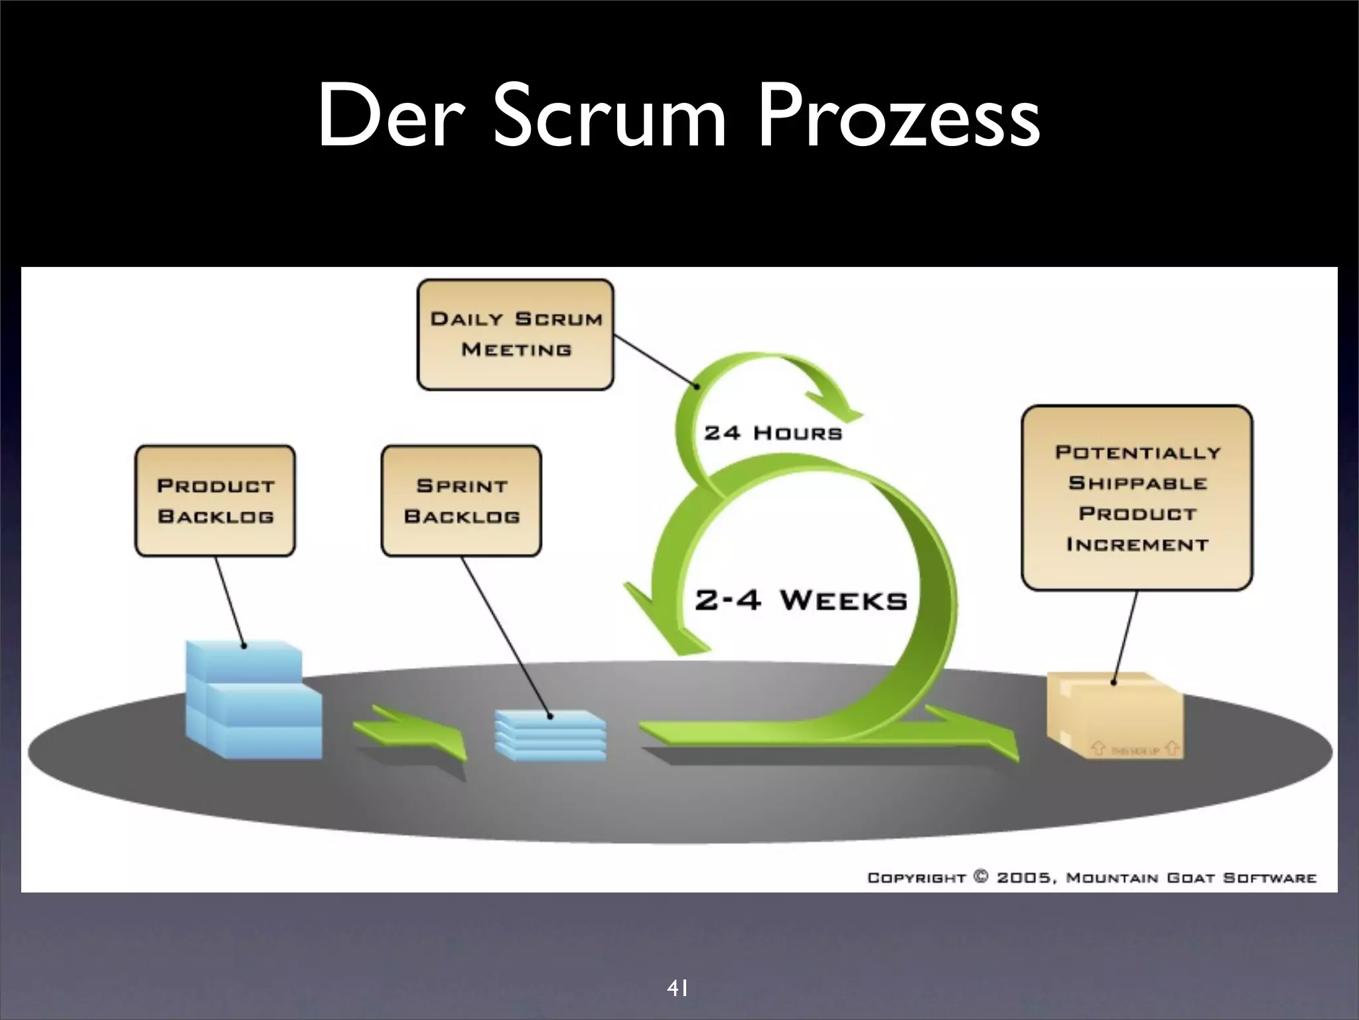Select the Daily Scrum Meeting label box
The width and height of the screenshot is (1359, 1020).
point(516,334)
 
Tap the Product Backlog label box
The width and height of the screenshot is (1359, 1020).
point(215,501)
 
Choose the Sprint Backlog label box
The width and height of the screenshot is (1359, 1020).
point(461,501)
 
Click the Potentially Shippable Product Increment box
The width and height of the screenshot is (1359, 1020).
point(1137,498)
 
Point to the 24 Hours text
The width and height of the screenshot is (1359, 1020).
point(773,434)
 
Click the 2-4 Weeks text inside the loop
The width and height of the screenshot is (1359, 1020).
point(800,600)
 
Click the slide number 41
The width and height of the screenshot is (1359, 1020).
point(677,970)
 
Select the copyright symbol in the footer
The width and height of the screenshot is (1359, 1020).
point(981,877)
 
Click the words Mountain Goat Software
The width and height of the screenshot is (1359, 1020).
point(1191,878)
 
